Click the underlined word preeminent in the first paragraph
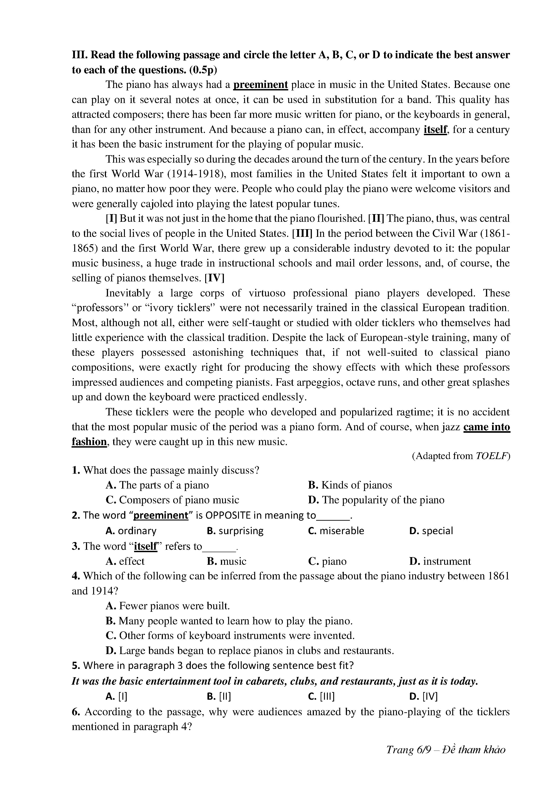pos(260,85)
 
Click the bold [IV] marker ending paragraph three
pos(214,278)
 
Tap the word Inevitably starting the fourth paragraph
pos(128,293)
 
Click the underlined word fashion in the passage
pos(89,442)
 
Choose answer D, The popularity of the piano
pos(376,500)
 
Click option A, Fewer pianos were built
pos(168,606)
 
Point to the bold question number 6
pos(76,712)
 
